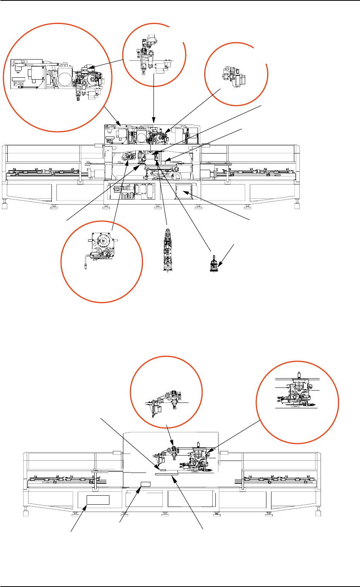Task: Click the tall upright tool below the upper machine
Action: click(167, 251)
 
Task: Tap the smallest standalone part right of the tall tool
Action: click(213, 265)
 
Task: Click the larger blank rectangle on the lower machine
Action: click(98, 500)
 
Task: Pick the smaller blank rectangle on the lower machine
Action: click(145, 485)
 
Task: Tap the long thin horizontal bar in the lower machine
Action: click(166, 473)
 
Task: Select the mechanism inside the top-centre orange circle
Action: click(151, 54)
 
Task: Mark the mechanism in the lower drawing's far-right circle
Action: click(297, 392)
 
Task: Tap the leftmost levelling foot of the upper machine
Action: click(5, 205)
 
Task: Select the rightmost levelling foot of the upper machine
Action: click(297, 205)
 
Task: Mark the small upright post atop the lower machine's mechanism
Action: click(198, 445)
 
